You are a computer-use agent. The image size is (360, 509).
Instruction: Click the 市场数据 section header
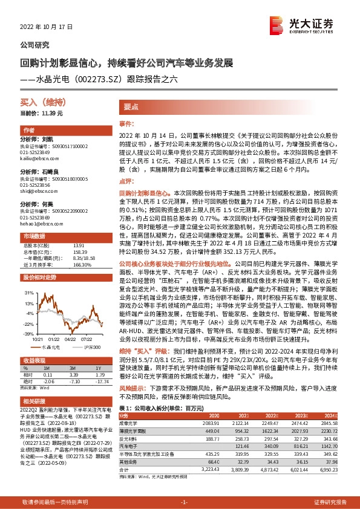click(x=34, y=236)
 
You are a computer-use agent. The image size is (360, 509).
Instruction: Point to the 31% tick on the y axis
click(x=28, y=291)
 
